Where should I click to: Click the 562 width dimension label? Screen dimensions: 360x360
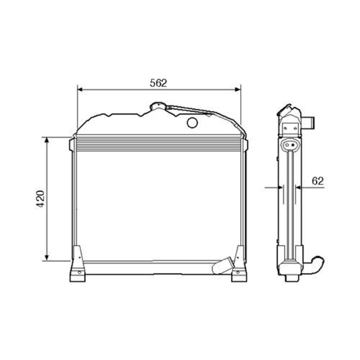158,83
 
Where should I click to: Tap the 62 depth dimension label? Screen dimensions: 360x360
318,181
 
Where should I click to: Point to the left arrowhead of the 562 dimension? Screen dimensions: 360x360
80,89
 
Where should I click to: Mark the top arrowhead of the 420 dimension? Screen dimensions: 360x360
46,140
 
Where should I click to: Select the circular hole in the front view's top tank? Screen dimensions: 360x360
192,123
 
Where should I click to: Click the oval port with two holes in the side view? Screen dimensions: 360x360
290,145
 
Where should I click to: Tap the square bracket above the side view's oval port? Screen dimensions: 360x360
290,127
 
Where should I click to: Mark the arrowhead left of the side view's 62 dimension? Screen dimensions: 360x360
280,188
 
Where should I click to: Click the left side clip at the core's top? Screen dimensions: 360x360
72,145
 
